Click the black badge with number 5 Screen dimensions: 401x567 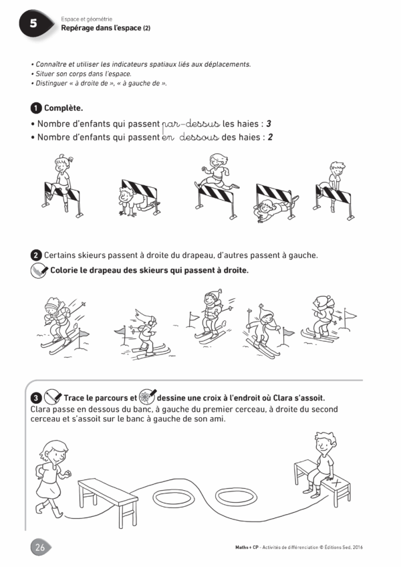click(33, 23)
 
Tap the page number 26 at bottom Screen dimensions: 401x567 click(40, 547)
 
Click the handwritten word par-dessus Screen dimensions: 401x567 click(191, 124)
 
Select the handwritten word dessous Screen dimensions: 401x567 click(199, 138)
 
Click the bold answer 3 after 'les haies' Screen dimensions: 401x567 click(268, 124)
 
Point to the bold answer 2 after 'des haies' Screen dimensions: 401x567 click(270, 137)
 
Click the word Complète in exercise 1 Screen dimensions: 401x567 click(63, 108)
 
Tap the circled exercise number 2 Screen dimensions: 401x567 click(36, 255)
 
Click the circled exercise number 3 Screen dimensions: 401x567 click(36, 398)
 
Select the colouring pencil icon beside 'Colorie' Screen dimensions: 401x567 click(39, 271)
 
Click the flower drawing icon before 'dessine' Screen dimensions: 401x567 click(147, 396)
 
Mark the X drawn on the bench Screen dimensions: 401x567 click(337, 482)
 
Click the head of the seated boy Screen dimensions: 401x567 click(325, 442)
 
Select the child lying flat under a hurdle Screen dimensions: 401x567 click(275, 209)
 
